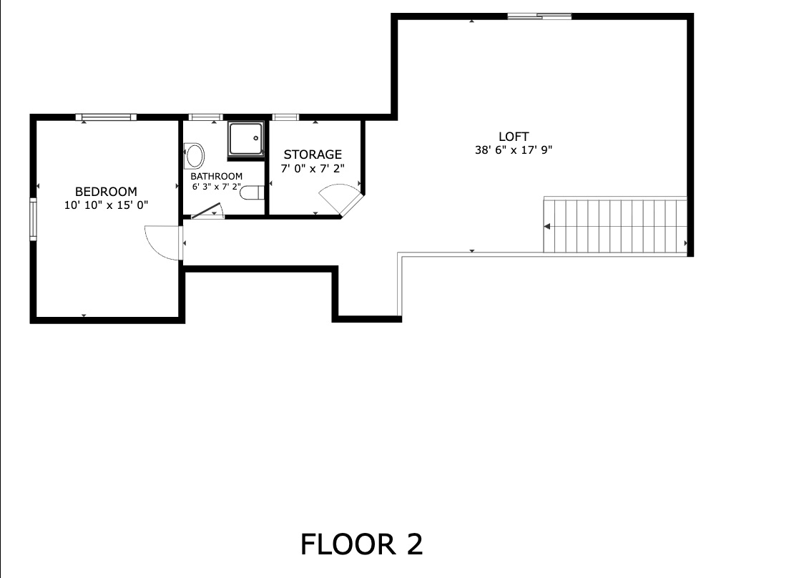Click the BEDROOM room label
pyautogui.click(x=106, y=191)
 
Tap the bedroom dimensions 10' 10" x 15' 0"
pyautogui.click(x=106, y=205)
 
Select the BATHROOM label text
pyautogui.click(x=216, y=176)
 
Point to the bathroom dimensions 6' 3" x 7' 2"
pyautogui.click(x=216, y=187)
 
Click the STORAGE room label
pyautogui.click(x=313, y=155)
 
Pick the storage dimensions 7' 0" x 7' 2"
pyautogui.click(x=313, y=168)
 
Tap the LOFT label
pyautogui.click(x=514, y=137)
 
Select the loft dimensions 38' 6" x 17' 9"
pyautogui.click(x=514, y=150)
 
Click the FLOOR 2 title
pyautogui.click(x=361, y=544)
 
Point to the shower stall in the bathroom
pyautogui.click(x=246, y=139)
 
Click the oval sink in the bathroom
pyautogui.click(x=194, y=155)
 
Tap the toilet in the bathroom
pyautogui.click(x=253, y=192)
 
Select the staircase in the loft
pyautogui.click(x=615, y=226)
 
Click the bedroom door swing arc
pyautogui.click(x=161, y=242)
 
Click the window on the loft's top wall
pyautogui.click(x=539, y=16)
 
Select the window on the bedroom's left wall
pyautogui.click(x=32, y=220)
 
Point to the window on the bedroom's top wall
pyautogui.click(x=106, y=117)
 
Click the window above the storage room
pyautogui.click(x=285, y=117)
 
